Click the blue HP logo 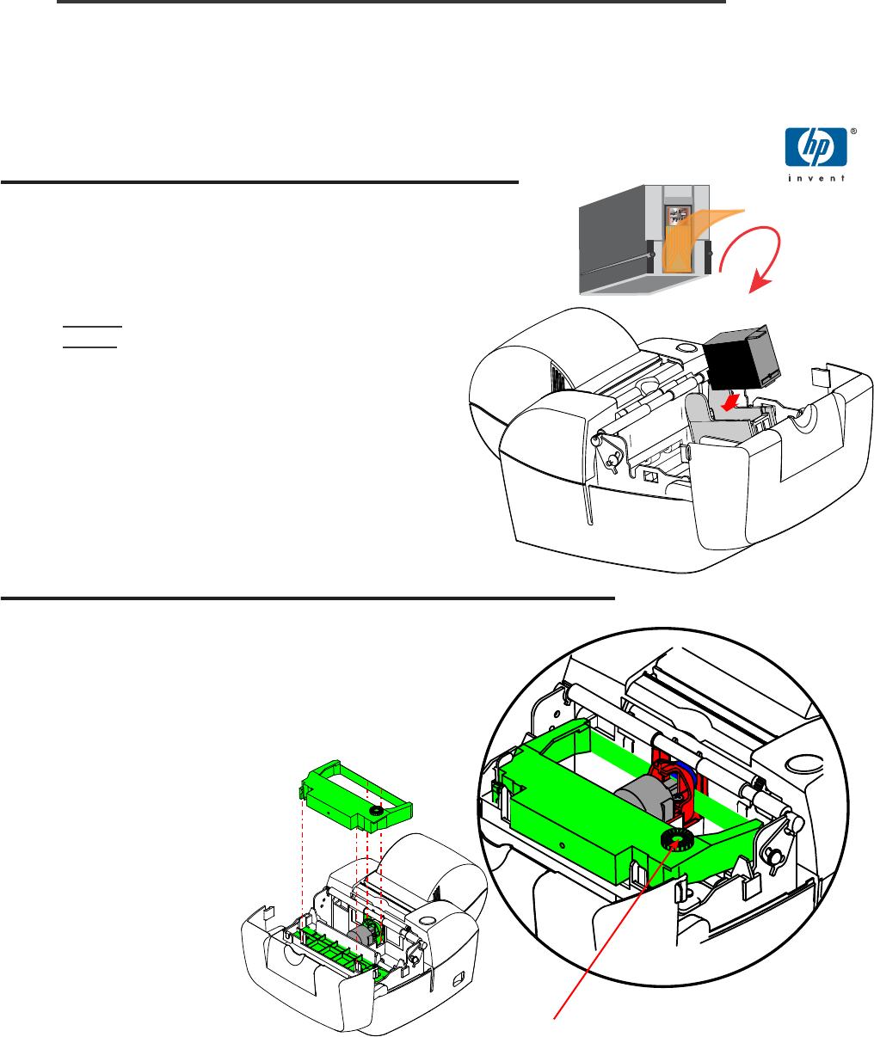pos(816,147)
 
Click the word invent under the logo pos(816,178)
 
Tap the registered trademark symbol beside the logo pos(853,132)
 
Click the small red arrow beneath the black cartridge pos(730,402)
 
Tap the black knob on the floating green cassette pos(376,811)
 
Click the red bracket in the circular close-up pos(679,789)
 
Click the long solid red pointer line pos(613,930)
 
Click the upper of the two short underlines pos(92,326)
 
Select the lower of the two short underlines pos(89,347)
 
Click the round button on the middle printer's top pos(686,347)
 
